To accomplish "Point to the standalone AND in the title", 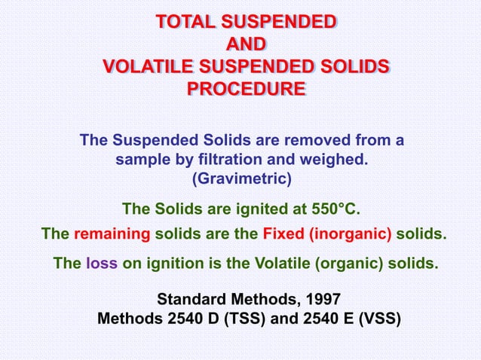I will click(246, 44).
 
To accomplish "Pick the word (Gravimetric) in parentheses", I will click(241, 179).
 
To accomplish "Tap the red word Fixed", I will click(283, 233).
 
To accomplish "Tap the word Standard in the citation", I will click(187, 299).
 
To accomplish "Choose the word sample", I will click(139, 160).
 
